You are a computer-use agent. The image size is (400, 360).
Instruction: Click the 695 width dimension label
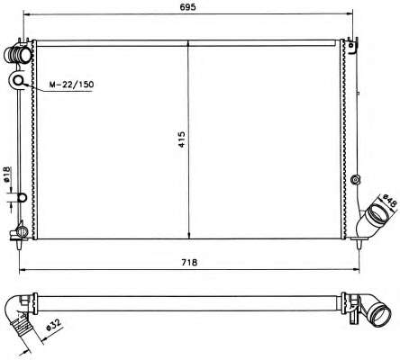point(187,6)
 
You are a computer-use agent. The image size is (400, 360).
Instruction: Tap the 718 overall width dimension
point(189,262)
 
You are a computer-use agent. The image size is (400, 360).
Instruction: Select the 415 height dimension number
point(182,139)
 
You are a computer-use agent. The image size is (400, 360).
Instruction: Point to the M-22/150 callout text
point(71,85)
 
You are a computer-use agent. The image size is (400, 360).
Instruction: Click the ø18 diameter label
point(7,174)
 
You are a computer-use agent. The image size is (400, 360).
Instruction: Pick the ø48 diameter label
point(390,201)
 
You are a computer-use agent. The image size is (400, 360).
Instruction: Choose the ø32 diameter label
point(54,325)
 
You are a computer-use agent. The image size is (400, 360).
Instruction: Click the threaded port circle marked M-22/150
point(19,80)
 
